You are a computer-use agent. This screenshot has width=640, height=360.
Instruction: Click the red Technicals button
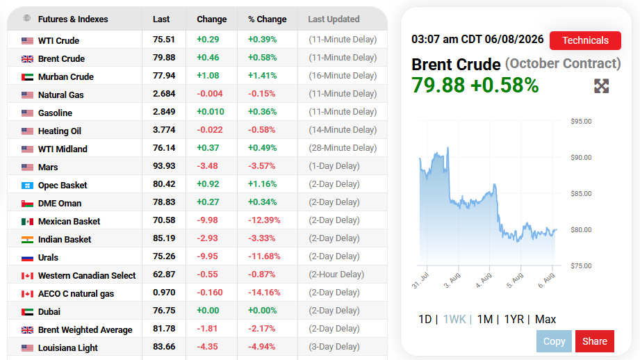coord(585,40)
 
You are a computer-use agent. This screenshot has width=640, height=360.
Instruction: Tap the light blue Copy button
coord(554,341)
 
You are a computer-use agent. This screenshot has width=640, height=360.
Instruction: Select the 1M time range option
coord(485,319)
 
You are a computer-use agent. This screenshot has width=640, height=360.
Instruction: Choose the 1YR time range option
coord(514,319)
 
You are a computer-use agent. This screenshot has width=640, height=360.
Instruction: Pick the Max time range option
coord(545,319)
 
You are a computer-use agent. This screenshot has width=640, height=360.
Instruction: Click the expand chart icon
coord(601,86)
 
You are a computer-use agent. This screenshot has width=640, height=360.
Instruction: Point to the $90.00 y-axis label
coord(581,158)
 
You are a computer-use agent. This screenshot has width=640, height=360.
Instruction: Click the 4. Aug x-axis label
coord(484,280)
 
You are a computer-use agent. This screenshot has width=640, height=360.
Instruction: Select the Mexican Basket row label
coord(69,221)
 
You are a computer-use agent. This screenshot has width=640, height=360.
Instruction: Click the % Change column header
coord(268,19)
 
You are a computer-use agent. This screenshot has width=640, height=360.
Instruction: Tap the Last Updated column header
coord(334,19)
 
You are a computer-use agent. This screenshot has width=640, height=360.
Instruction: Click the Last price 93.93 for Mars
coord(164,166)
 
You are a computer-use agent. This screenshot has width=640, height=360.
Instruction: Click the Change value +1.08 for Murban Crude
coord(208,76)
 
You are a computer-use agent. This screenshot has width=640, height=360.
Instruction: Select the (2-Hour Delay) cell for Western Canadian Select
coord(336,275)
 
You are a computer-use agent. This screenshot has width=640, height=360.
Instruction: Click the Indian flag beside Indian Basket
coord(27,240)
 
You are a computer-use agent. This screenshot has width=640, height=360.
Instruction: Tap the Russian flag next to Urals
coord(27,258)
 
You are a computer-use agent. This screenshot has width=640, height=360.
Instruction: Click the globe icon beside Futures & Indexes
coord(27,18)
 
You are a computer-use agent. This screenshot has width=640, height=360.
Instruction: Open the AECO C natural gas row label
coord(76,294)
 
